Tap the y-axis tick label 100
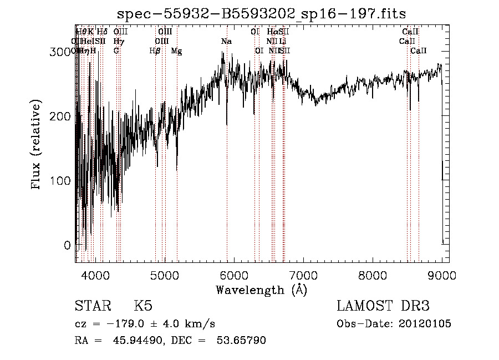[x=60, y=181]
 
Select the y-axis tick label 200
[x=60, y=116]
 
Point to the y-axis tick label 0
[x=67, y=245]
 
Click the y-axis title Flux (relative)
[x=37, y=145]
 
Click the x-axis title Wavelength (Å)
[x=261, y=290]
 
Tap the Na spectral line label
[x=226, y=42]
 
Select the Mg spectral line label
[x=176, y=51]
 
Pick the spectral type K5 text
[x=142, y=306]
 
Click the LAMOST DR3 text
[x=383, y=306]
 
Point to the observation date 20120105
[x=425, y=324]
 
